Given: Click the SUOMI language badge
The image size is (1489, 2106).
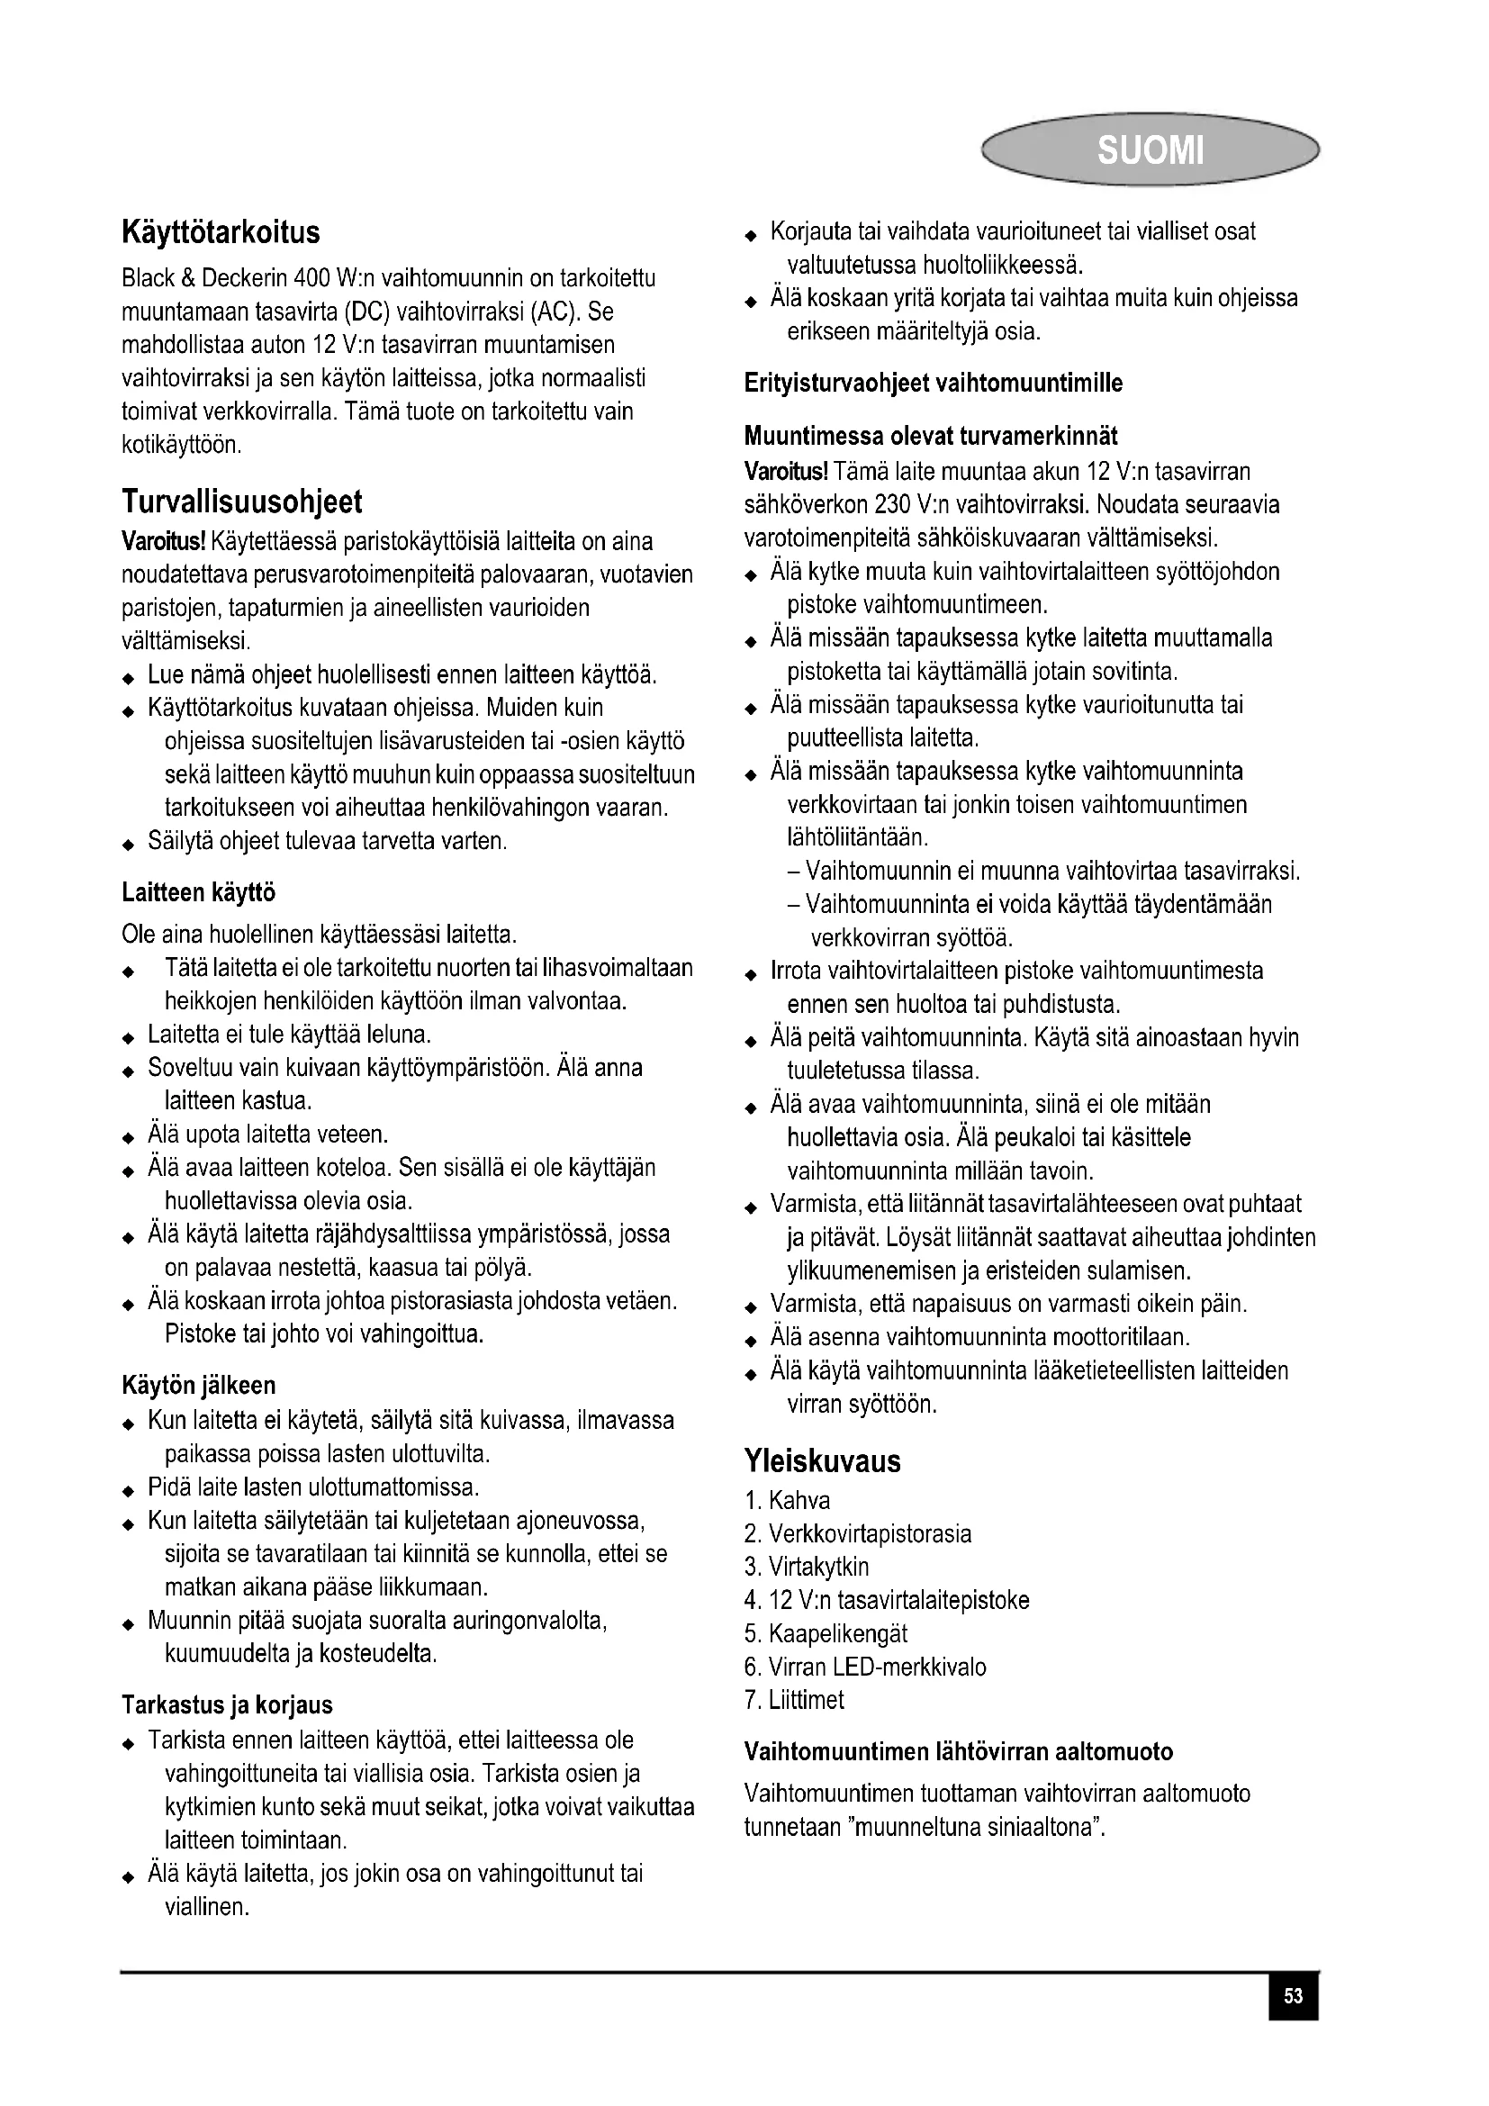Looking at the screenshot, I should point(1150,149).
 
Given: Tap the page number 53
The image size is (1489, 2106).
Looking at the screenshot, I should point(1293,1996).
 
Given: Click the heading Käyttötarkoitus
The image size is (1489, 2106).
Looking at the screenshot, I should point(221,232).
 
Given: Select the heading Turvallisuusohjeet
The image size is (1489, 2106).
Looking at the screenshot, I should point(242,502).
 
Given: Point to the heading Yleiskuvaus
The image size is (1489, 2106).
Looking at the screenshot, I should point(823,1460).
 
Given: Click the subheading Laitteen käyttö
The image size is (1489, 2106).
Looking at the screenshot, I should point(198,892).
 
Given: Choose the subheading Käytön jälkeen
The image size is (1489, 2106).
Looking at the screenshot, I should point(198,1385).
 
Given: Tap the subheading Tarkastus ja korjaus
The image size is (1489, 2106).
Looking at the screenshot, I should point(227,1705).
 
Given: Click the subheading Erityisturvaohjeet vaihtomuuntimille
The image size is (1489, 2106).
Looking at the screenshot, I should point(934,384).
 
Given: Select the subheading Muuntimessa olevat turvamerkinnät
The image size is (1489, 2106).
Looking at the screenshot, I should point(931,436).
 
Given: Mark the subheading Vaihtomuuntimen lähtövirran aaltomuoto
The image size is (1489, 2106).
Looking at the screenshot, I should point(958,1752).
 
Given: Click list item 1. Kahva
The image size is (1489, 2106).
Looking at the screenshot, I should point(788,1501).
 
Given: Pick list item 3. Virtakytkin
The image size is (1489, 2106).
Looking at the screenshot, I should point(807,1567).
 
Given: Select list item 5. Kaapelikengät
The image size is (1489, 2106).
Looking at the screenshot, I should point(826,1633).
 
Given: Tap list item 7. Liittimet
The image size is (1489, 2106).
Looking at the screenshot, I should point(794,1700).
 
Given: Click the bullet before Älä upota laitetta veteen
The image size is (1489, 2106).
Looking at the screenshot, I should point(129,1138).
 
